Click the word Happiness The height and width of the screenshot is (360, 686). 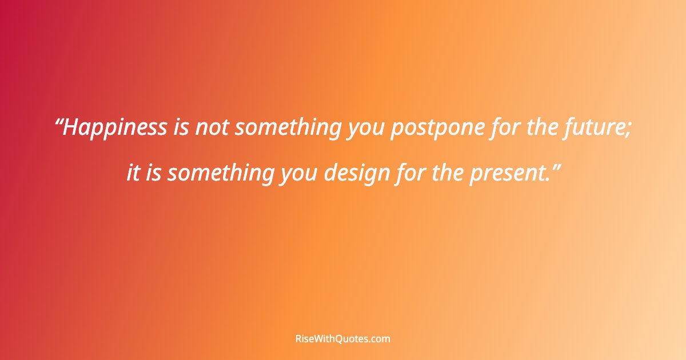(x=115, y=128)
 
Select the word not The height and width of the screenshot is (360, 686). (x=212, y=128)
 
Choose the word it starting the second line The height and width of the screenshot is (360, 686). (x=133, y=173)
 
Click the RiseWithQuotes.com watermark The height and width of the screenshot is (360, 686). (x=342, y=339)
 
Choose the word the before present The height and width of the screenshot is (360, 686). (x=448, y=173)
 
